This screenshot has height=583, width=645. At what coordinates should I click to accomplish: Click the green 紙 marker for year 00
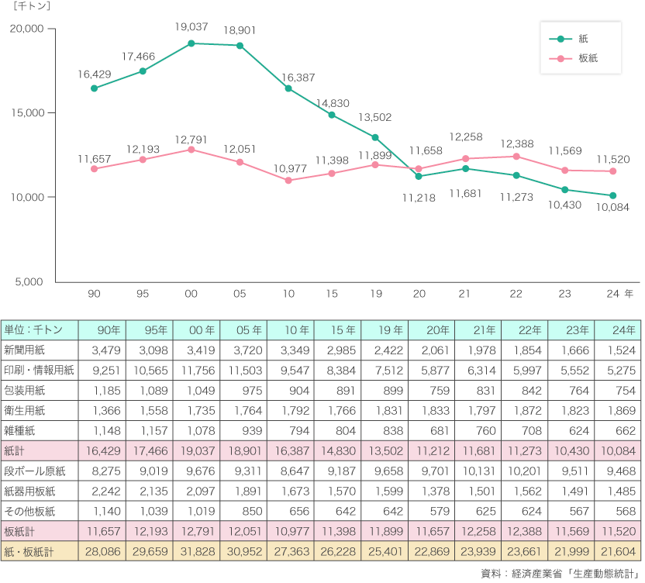[x=191, y=43]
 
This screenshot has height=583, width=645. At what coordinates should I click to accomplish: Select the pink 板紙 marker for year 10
[x=288, y=181]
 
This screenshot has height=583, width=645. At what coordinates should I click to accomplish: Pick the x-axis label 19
[x=375, y=295]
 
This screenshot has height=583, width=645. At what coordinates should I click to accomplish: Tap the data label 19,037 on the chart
[x=191, y=27]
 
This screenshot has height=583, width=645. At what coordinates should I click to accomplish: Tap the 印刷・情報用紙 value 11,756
[x=197, y=370]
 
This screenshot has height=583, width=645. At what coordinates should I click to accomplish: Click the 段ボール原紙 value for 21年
[x=478, y=471]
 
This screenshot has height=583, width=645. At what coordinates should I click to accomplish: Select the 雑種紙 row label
[x=22, y=430]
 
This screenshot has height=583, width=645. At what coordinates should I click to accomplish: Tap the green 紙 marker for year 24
[x=612, y=195]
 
